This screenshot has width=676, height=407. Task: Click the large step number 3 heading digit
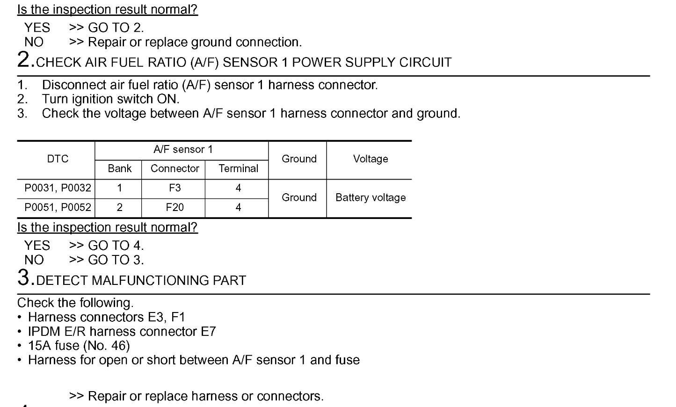click(x=23, y=277)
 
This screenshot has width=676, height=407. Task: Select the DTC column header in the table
click(x=58, y=159)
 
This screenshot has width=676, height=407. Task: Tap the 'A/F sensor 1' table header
click(x=183, y=150)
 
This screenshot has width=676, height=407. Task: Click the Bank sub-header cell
click(x=120, y=168)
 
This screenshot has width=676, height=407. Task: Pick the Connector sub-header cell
click(x=174, y=168)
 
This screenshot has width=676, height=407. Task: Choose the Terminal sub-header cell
click(x=238, y=168)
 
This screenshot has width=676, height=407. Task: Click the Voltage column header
click(x=371, y=159)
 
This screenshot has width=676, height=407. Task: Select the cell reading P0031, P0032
click(x=58, y=188)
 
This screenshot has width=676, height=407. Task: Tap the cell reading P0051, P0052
click(x=58, y=207)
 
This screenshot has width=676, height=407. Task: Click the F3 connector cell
click(x=174, y=188)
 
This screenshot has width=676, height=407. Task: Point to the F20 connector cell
click(x=174, y=207)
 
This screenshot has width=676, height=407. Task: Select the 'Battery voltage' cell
click(x=371, y=197)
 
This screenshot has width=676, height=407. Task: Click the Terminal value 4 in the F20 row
click(x=238, y=207)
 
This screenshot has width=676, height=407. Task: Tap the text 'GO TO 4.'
click(x=116, y=246)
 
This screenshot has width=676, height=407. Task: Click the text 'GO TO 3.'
click(x=116, y=260)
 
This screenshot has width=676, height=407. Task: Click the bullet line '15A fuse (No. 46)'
click(x=79, y=346)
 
